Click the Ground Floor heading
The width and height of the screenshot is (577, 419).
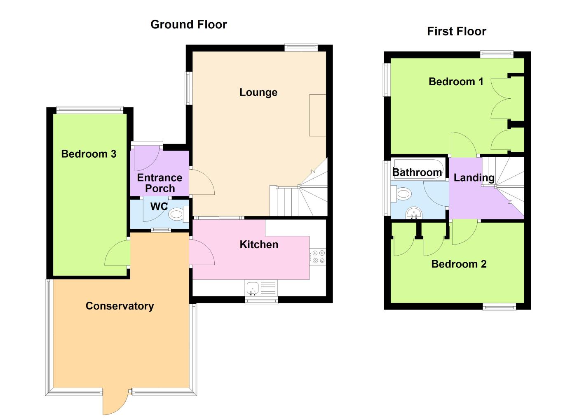[x=188, y=25]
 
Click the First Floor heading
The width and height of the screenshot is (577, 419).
[x=456, y=31]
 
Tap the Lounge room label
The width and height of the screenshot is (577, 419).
[x=258, y=92]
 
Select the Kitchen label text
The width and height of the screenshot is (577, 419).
[x=259, y=244]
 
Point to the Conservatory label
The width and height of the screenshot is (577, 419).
[x=120, y=306]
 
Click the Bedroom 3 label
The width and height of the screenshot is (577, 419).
[x=89, y=154]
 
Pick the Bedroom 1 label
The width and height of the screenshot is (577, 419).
[x=456, y=81]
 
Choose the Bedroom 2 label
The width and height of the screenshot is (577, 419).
[x=459, y=264]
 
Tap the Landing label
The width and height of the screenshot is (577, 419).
[x=474, y=177]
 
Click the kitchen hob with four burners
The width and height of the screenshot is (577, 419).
[x=318, y=256]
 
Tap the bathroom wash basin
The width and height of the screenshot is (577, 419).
[x=413, y=213]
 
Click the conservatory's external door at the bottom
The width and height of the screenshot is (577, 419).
[x=116, y=402]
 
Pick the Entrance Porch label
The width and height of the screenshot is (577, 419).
[x=159, y=183]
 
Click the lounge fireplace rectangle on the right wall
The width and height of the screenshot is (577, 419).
[x=317, y=115]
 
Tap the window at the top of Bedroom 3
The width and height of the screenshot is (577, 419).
[x=89, y=109]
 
